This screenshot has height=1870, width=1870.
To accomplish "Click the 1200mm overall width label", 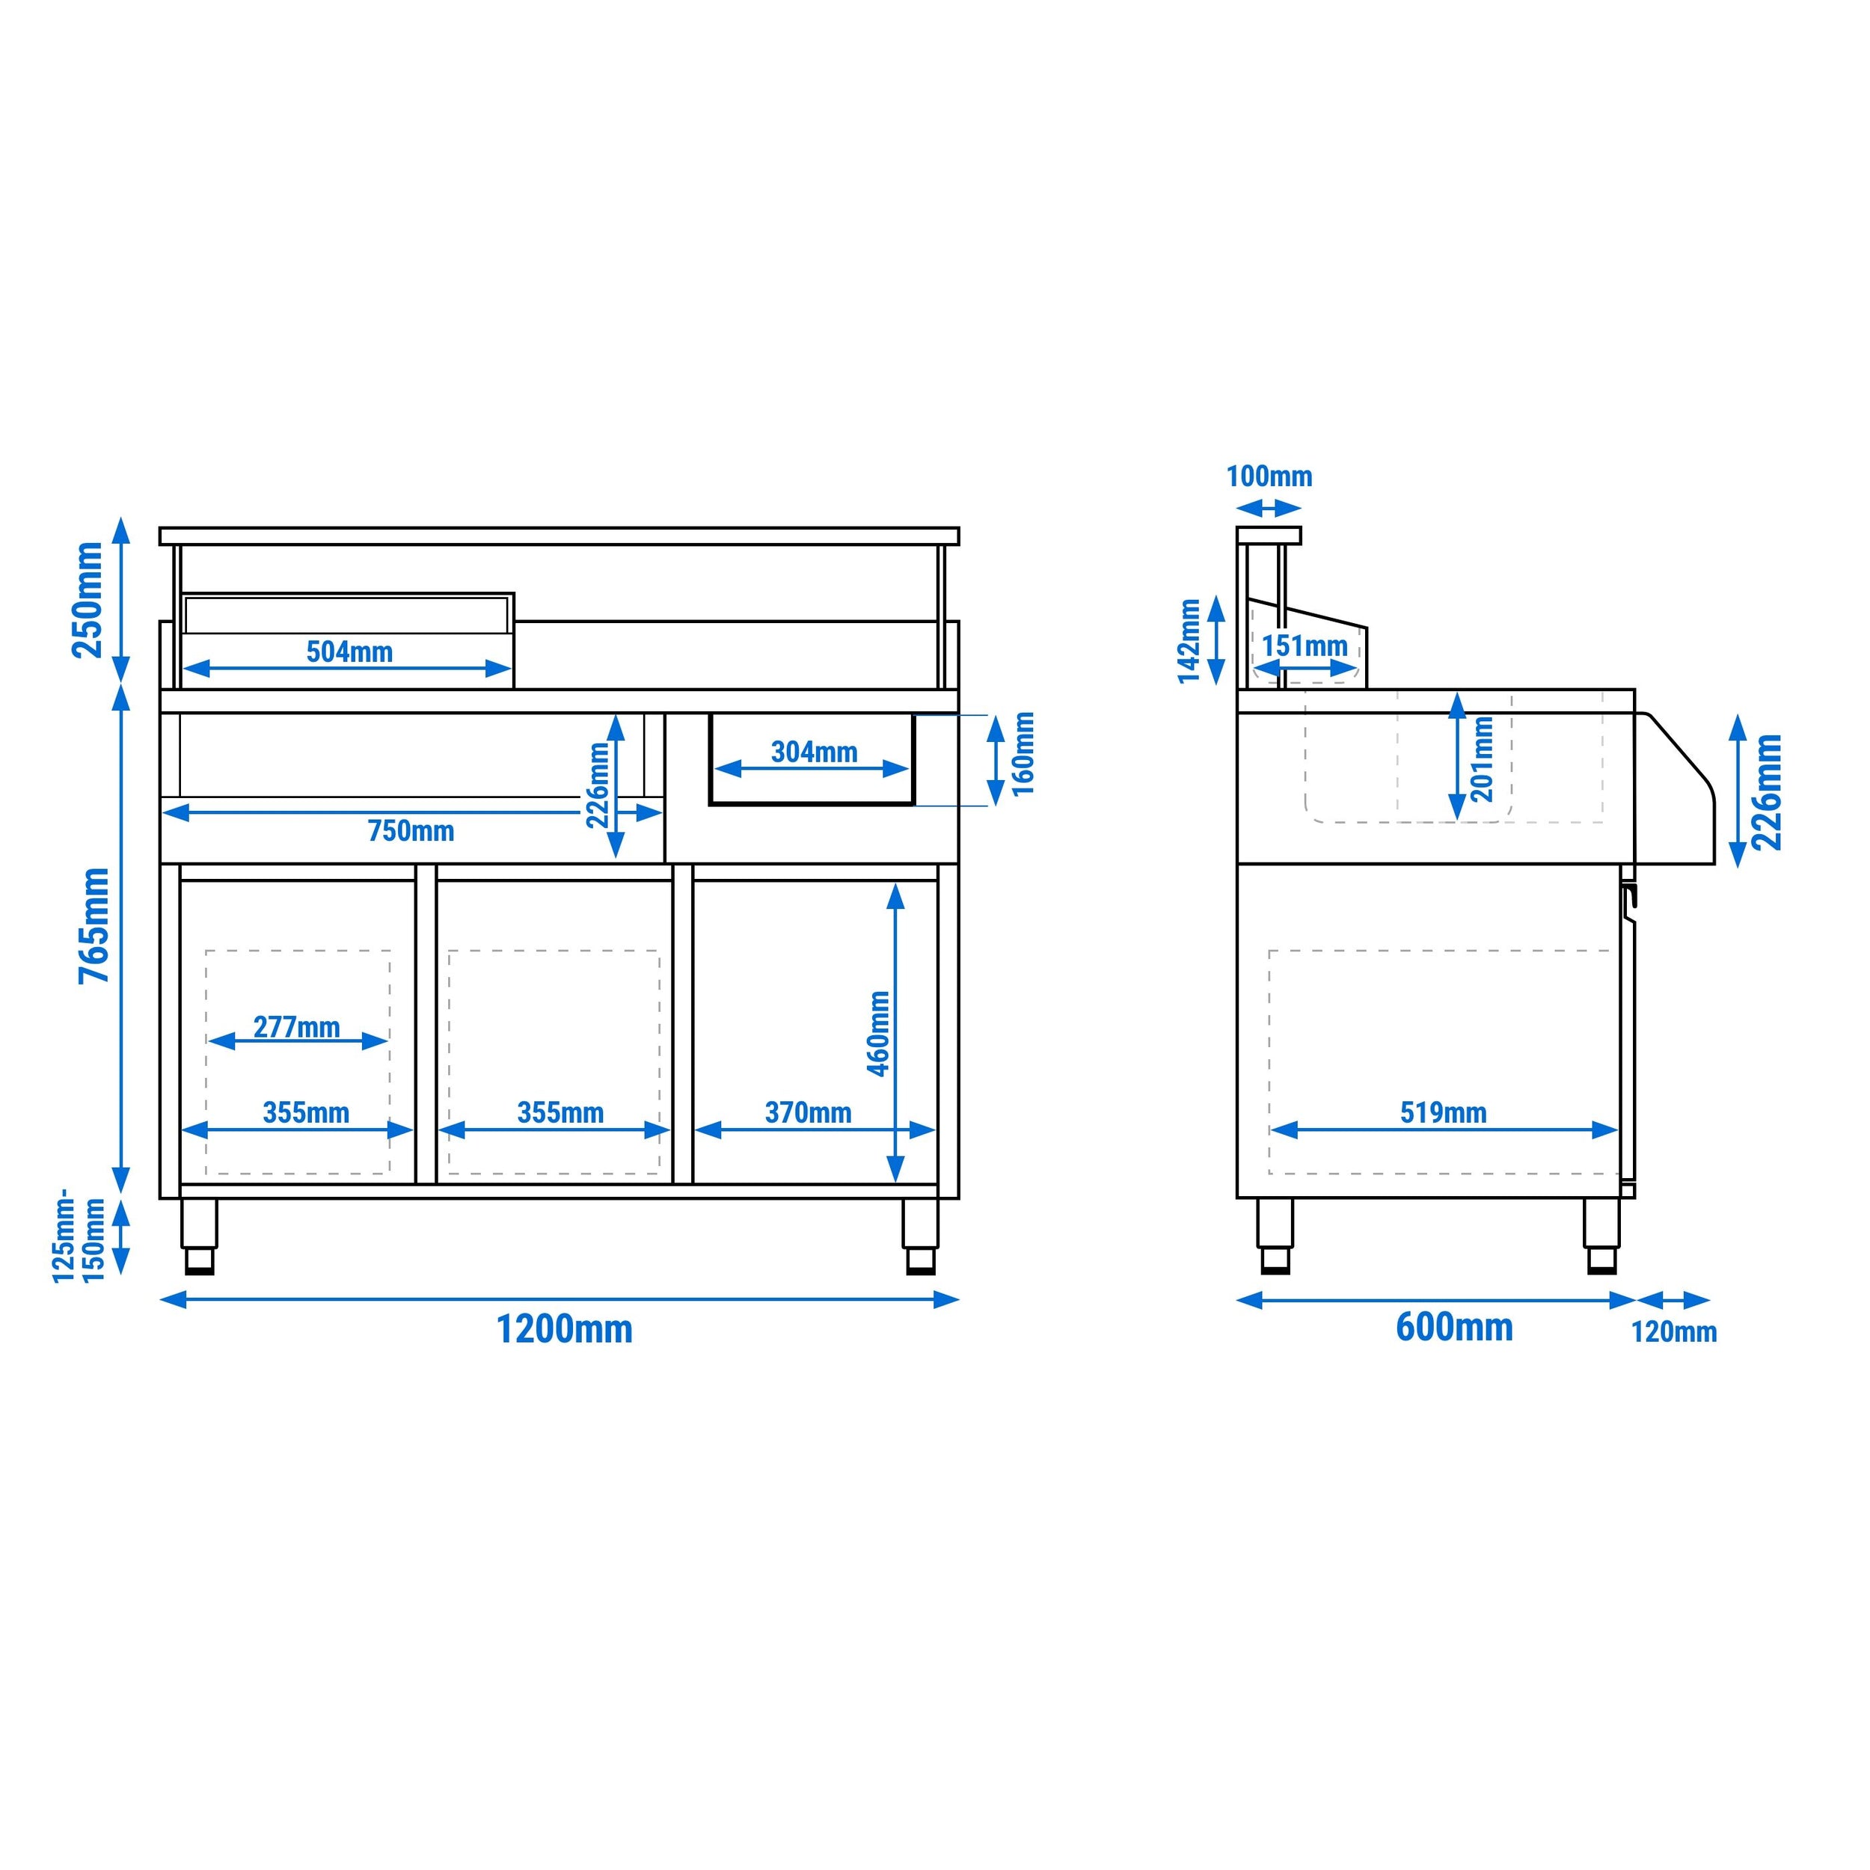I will [x=564, y=1329].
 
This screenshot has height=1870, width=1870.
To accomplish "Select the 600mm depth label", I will [x=1454, y=1326].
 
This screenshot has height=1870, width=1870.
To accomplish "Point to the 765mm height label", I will [x=94, y=925].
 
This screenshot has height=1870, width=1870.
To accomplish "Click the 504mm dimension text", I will [x=349, y=652].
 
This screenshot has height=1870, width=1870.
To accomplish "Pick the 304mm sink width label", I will [x=814, y=752].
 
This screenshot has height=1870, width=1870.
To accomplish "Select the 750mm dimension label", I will [x=411, y=830].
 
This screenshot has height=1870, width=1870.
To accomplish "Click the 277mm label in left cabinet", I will [x=296, y=1027].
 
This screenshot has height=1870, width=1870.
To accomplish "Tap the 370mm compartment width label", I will [x=808, y=1113].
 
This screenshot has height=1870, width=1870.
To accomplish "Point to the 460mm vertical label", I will [x=878, y=1033].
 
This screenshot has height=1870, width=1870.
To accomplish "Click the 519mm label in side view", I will [x=1442, y=1113].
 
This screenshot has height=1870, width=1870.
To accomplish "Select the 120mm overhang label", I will [x=1673, y=1332].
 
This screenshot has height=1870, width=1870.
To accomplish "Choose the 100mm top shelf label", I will [x=1269, y=476].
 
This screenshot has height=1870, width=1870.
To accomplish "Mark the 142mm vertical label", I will [x=1189, y=641].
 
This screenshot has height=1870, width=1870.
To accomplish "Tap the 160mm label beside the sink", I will [x=1023, y=754].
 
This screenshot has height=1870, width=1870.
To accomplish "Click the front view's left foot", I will [x=200, y=1236].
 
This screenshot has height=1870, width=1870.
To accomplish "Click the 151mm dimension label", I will [x=1304, y=646].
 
